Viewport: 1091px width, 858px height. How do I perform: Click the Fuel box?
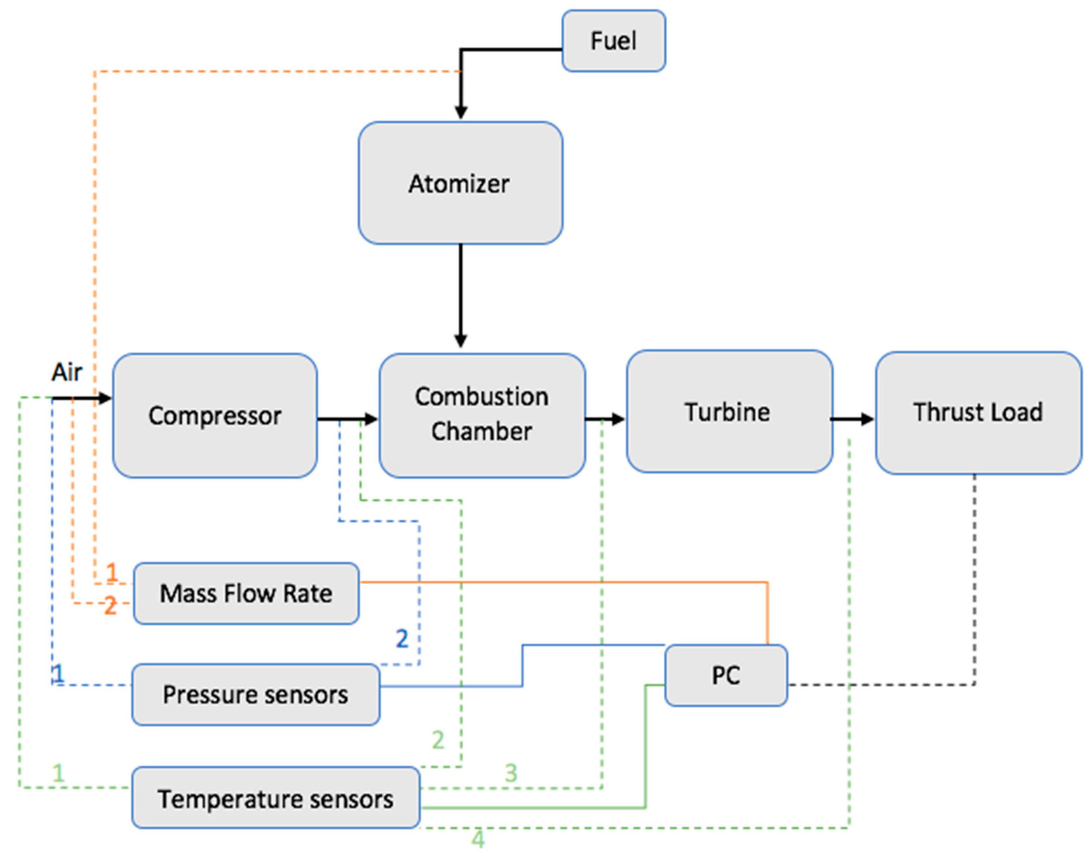(x=613, y=41)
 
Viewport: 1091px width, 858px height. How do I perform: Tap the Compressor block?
(x=214, y=416)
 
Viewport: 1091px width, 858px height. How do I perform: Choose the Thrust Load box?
(x=978, y=412)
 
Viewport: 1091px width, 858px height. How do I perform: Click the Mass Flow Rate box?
(x=246, y=593)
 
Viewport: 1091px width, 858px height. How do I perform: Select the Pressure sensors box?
(x=255, y=695)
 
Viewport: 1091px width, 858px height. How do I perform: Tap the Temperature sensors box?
(x=275, y=799)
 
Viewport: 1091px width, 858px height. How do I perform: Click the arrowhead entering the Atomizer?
(x=461, y=112)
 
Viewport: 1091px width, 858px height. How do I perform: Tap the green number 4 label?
(x=478, y=839)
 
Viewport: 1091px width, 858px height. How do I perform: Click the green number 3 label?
(x=511, y=772)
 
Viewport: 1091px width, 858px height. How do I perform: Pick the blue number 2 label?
(x=402, y=638)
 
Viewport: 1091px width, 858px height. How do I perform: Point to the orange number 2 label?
(x=110, y=605)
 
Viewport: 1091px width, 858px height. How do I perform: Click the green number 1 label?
(x=58, y=772)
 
